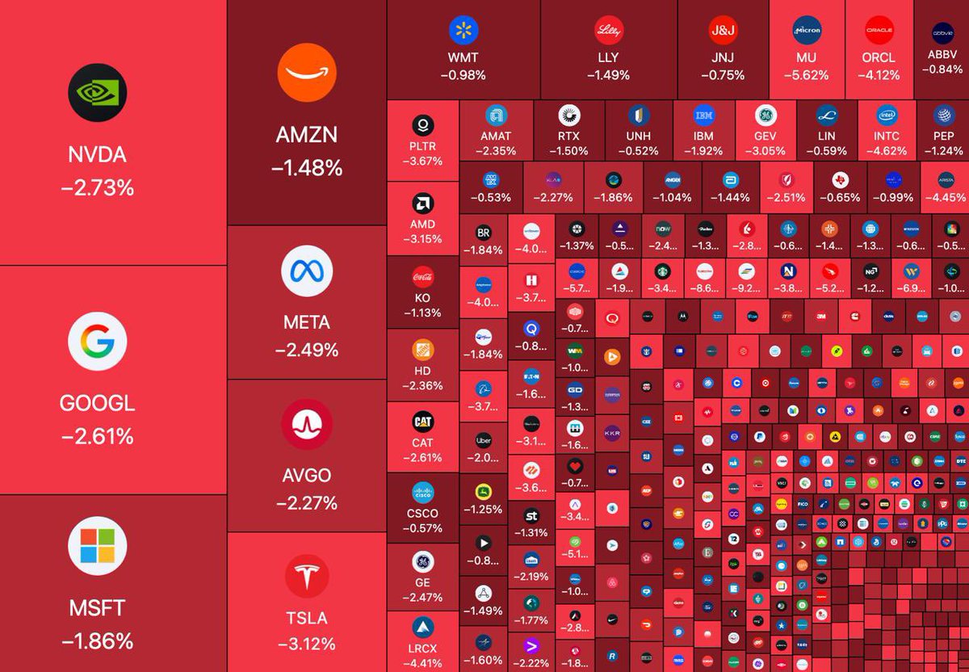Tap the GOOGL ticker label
tap(98, 403)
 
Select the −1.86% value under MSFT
tap(98, 640)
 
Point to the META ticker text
tap(306, 322)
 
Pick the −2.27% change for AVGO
tap(306, 503)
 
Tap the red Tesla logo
tap(306, 576)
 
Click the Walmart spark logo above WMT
tap(464, 31)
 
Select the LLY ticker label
tap(607, 57)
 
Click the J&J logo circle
tap(722, 31)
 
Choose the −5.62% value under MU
tap(806, 75)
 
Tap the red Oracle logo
tap(879, 31)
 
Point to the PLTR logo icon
tap(422, 125)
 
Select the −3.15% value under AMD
tap(422, 239)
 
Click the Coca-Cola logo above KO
tap(422, 277)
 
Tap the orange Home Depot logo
tap(422, 349)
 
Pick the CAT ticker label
tap(422, 443)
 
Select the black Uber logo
tap(484, 440)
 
